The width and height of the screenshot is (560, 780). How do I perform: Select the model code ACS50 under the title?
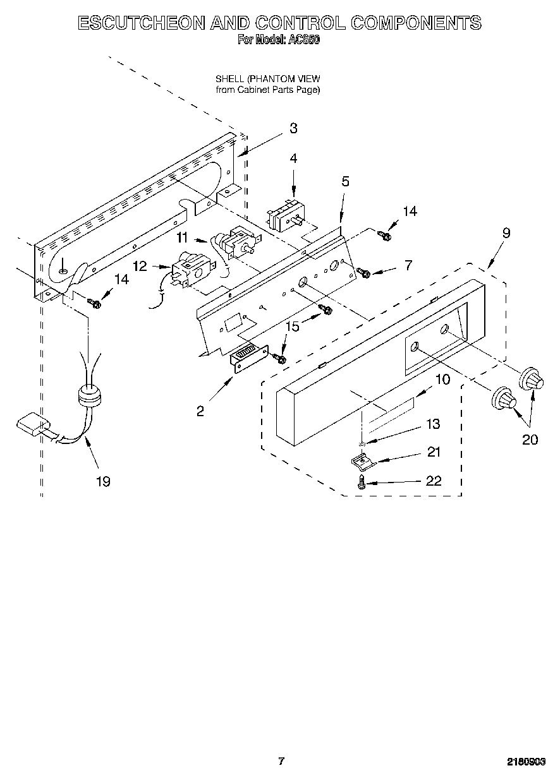click(x=304, y=39)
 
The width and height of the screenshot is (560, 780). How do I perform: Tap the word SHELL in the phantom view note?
click(x=230, y=79)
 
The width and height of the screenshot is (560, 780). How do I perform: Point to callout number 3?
click(x=293, y=128)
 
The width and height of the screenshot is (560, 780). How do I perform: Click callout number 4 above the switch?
click(x=293, y=159)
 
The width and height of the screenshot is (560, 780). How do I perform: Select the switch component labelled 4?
click(x=284, y=217)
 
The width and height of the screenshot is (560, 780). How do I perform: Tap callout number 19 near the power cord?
click(x=102, y=482)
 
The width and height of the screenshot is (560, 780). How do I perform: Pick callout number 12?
click(x=140, y=267)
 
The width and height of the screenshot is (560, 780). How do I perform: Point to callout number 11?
click(x=182, y=237)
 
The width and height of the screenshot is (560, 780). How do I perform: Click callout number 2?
click(x=200, y=411)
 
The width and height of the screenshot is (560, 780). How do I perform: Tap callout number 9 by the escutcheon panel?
click(x=506, y=232)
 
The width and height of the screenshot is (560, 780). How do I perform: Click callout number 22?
click(x=434, y=481)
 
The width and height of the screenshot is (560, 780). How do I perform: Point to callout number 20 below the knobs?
click(x=530, y=440)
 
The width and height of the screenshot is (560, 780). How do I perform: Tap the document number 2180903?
click(x=526, y=762)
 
